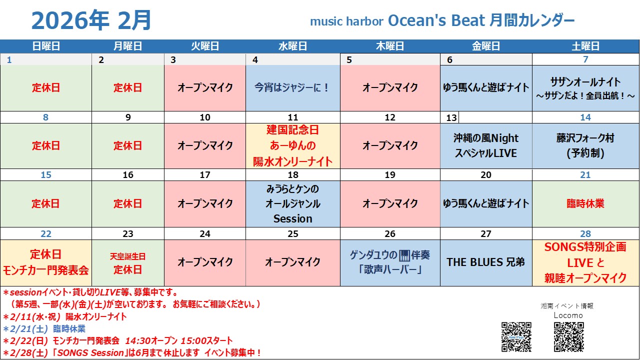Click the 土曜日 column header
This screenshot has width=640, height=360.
point(585,46)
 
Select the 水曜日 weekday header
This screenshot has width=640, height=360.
point(293,46)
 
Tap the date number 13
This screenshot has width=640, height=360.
point(451,117)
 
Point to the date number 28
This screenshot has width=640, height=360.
point(585,233)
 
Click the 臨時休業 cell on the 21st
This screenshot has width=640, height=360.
point(585,203)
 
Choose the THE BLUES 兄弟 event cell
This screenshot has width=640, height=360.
point(485,262)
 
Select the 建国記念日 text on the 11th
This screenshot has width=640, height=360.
point(293,130)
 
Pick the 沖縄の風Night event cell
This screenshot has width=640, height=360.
point(485,145)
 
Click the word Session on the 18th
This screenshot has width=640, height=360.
point(293,218)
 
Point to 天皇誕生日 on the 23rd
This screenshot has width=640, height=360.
point(127,256)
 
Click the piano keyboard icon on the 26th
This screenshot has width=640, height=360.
point(404,255)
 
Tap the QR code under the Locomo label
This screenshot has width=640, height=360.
point(569,337)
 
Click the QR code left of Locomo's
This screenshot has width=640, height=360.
point(516,337)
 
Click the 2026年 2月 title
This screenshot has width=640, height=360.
point(91,20)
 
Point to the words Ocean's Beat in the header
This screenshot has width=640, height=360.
point(436,20)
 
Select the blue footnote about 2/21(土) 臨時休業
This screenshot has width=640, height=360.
point(44,329)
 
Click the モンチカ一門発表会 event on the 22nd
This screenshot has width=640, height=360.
point(45,270)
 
